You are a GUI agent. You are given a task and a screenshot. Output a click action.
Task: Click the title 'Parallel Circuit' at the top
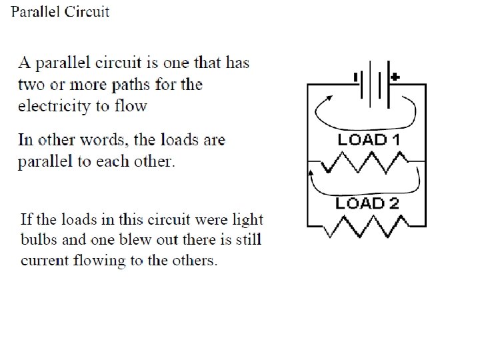[x=60, y=12]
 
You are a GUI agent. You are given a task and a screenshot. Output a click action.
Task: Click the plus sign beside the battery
[x=395, y=77]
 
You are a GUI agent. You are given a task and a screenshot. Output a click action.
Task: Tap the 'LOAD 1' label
[x=368, y=140]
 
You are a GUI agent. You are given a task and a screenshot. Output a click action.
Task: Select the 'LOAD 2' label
[x=368, y=203]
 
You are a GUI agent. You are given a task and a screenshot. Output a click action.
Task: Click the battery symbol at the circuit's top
[x=373, y=85]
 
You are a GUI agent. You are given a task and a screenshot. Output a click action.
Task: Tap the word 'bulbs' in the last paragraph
[x=39, y=239]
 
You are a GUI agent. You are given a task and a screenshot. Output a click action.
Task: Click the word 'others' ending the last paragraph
[x=193, y=260]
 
